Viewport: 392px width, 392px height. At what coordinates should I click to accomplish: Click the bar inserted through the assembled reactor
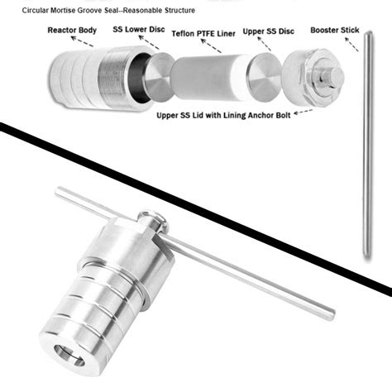tap(248, 272)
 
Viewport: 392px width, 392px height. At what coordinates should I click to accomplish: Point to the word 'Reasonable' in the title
tap(154, 10)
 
